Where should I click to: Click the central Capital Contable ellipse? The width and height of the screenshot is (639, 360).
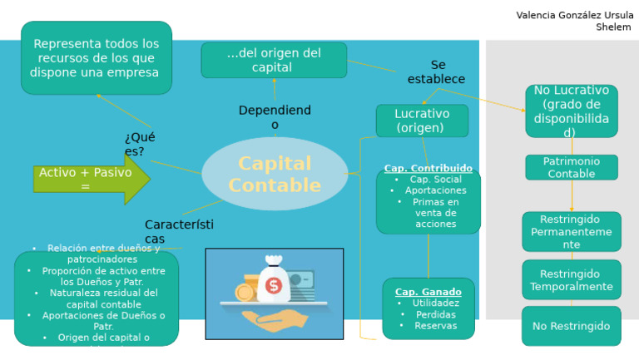(x=275, y=174)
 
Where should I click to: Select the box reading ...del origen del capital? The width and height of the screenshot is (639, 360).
(x=274, y=60)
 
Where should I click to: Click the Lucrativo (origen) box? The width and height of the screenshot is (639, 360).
(x=422, y=121)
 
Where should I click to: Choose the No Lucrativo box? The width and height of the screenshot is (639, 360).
(x=571, y=111)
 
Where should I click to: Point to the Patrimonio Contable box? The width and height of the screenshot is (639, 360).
(x=571, y=167)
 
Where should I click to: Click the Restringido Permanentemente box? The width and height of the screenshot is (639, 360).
(x=571, y=232)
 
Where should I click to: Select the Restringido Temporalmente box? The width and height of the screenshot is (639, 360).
(x=571, y=280)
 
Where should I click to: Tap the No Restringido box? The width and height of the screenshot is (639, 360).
(x=571, y=326)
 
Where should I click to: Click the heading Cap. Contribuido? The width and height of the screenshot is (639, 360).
(x=428, y=169)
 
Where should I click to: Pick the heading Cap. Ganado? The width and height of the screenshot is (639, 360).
(x=428, y=292)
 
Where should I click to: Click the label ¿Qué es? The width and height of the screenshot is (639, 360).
(x=139, y=144)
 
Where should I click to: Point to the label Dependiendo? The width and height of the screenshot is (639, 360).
(x=275, y=117)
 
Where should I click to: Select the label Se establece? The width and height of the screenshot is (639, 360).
(x=437, y=72)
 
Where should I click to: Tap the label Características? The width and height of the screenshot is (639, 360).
(x=178, y=232)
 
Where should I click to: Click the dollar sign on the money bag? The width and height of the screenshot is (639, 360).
(x=274, y=286)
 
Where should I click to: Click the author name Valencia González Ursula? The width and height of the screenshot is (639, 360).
(x=574, y=15)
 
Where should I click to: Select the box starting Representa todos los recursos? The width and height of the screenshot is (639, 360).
(x=97, y=57)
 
